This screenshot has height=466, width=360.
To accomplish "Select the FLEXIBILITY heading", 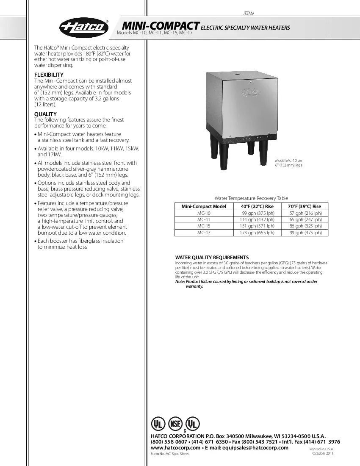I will click(49, 75).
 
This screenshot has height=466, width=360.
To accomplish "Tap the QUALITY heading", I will click(45, 114).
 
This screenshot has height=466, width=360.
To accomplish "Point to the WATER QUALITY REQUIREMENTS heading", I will click(212, 258).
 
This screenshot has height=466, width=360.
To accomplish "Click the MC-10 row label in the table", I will click(204, 214).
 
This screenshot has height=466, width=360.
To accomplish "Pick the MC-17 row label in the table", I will click(204, 233).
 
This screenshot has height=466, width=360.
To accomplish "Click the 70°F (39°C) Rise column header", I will click(305, 206).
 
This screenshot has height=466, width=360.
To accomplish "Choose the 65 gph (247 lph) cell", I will click(305, 220).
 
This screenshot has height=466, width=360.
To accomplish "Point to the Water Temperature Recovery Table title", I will click(251, 198).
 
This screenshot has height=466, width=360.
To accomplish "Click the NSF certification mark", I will click(175, 424).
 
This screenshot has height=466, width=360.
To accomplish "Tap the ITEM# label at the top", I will click(249, 14).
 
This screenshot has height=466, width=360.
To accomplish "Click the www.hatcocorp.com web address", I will click(175, 448).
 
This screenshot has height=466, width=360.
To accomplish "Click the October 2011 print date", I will click(323, 454).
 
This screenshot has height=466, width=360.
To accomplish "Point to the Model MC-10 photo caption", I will click(288, 163).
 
